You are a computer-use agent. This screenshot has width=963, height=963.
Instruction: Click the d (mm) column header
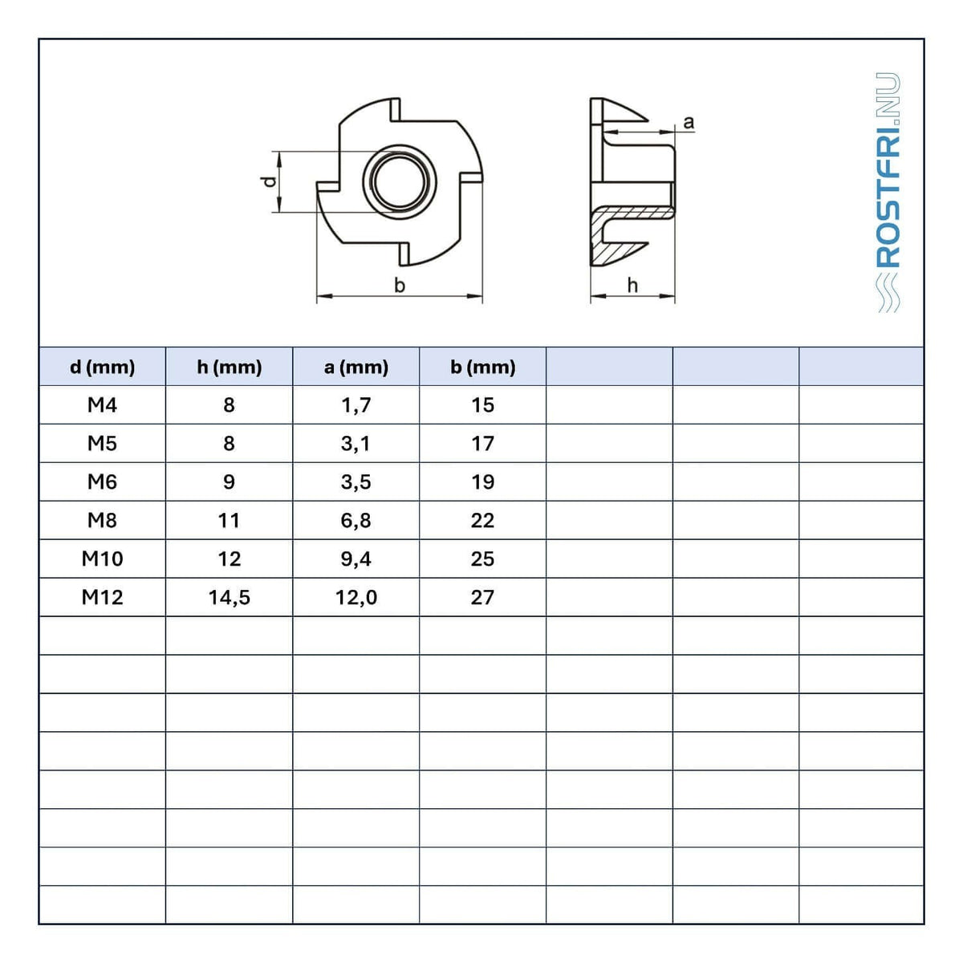coord(103,368)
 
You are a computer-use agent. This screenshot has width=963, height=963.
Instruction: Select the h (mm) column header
coord(230,368)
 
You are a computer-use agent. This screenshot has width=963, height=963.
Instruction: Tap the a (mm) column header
coord(356,368)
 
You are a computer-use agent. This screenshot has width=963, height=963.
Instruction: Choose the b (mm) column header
coord(483,368)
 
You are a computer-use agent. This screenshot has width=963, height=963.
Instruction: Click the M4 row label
coord(103,404)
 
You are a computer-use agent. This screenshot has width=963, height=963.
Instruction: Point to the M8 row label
coord(103,520)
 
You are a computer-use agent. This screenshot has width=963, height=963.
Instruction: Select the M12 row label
coord(103,597)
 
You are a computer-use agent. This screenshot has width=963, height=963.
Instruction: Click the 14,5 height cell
coord(230,597)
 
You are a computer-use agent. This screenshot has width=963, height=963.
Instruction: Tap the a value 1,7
coord(356,404)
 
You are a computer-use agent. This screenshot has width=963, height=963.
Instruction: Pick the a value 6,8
coord(356,520)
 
